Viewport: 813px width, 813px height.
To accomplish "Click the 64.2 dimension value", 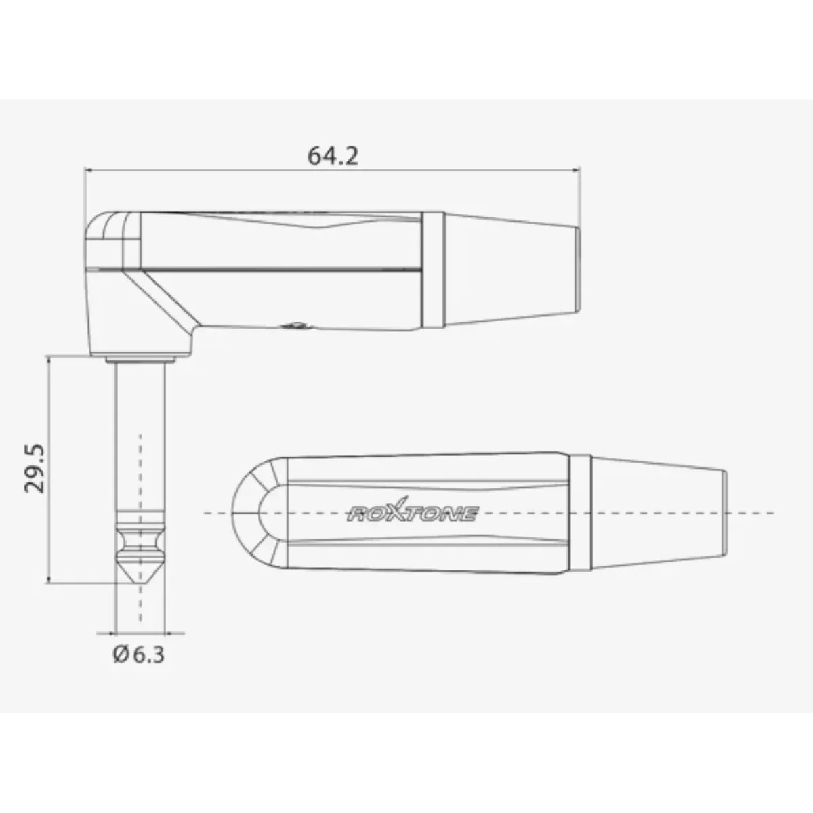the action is tap(333, 156).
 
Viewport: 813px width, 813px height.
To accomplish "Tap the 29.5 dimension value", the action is tap(35, 468).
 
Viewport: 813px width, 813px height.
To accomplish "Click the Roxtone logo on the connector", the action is tap(413, 511).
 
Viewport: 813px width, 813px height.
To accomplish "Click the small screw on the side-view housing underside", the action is tap(295, 325).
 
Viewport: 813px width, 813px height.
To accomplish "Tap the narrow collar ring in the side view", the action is tap(433, 270).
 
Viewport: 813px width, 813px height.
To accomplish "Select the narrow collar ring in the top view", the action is tap(580, 513).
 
